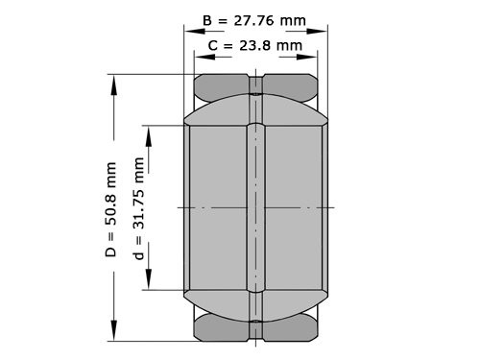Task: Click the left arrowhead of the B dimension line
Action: [188, 30]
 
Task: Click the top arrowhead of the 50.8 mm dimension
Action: [114, 82]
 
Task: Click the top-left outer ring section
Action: [222, 85]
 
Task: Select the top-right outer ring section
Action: [291, 85]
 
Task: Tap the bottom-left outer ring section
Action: [222, 329]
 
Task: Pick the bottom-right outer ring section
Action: [291, 329]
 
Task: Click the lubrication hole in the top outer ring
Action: [256, 85]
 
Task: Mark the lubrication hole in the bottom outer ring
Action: [256, 329]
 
